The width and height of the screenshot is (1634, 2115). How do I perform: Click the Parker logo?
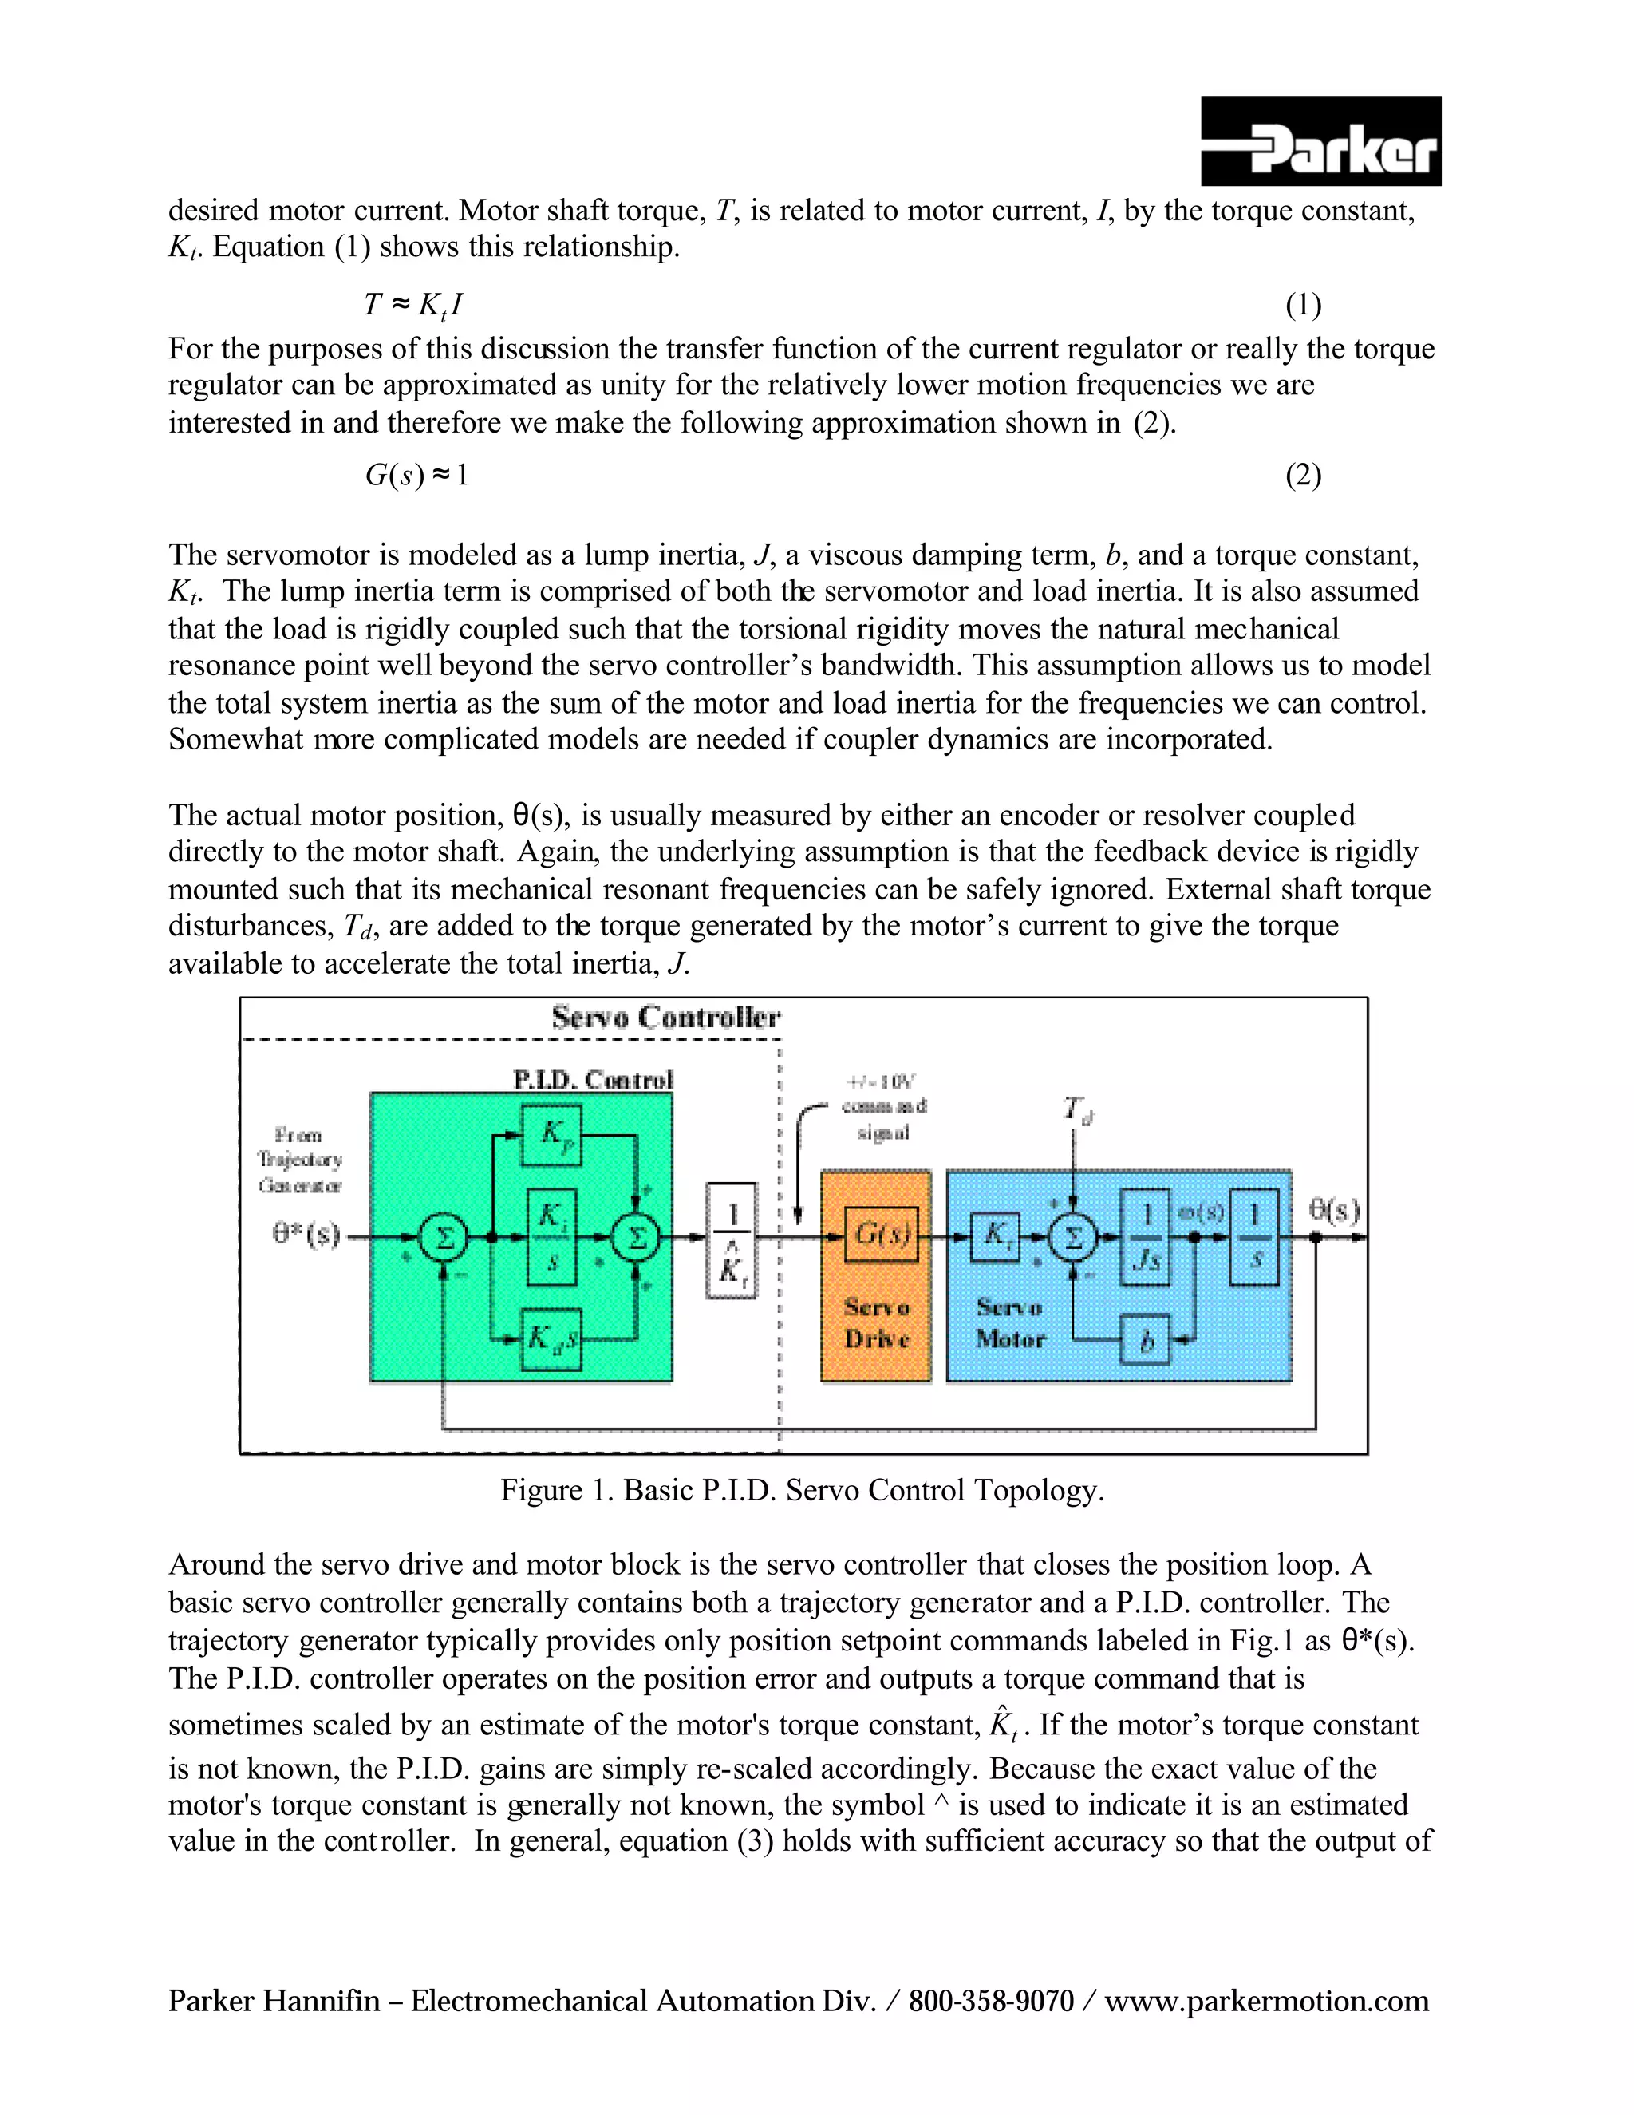(x=1320, y=141)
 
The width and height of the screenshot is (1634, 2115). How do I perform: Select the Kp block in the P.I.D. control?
(x=552, y=1135)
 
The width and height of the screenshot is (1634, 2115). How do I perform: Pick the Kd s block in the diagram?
(x=552, y=1339)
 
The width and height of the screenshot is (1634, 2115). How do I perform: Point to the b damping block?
(x=1147, y=1340)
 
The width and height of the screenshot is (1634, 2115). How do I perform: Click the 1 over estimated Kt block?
(x=732, y=1239)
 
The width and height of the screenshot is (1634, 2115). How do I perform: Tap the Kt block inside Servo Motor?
(x=995, y=1235)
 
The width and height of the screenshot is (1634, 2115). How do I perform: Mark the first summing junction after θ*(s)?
(x=444, y=1238)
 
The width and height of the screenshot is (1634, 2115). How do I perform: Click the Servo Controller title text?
(x=666, y=1018)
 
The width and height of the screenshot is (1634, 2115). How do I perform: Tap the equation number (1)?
(x=1303, y=305)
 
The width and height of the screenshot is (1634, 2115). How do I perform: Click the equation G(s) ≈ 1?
(x=416, y=476)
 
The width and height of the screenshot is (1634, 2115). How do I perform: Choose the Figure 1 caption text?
(x=802, y=1489)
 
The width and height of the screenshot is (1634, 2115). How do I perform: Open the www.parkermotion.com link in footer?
(x=1266, y=2001)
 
